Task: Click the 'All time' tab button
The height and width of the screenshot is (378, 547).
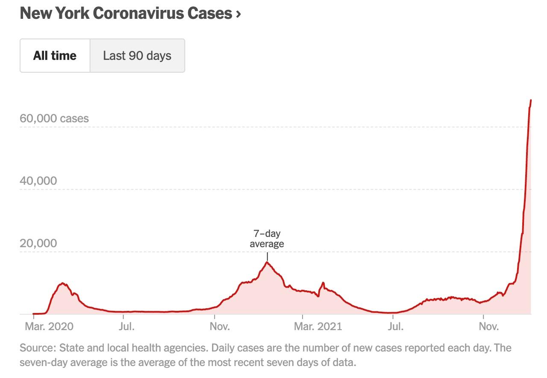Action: pyautogui.click(x=55, y=56)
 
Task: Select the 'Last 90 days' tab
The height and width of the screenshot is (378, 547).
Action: pyautogui.click(x=137, y=56)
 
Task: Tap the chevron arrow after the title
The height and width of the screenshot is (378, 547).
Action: pyautogui.click(x=238, y=14)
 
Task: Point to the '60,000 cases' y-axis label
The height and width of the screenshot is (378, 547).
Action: pyautogui.click(x=54, y=118)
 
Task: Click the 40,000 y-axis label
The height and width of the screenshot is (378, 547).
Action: pyautogui.click(x=38, y=181)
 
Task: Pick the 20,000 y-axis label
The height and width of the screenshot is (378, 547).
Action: pyautogui.click(x=38, y=243)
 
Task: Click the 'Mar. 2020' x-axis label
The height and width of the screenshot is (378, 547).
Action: pyautogui.click(x=49, y=326)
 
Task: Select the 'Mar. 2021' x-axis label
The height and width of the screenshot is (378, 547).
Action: pyautogui.click(x=318, y=326)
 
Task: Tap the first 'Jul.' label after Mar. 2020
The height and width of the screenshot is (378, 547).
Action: pyautogui.click(x=126, y=326)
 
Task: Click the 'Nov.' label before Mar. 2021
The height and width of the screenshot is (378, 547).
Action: pyautogui.click(x=220, y=326)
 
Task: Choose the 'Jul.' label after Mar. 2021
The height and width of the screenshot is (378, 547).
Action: pyautogui.click(x=395, y=326)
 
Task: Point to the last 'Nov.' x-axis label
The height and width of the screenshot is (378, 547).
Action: pyautogui.click(x=488, y=326)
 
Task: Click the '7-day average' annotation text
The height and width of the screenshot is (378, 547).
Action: pyautogui.click(x=267, y=239)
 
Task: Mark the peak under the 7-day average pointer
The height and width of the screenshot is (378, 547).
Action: pyautogui.click(x=267, y=262)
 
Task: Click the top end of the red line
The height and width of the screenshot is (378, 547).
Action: pyautogui.click(x=531, y=100)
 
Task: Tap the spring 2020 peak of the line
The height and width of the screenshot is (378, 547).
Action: pyautogui.click(x=63, y=283)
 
